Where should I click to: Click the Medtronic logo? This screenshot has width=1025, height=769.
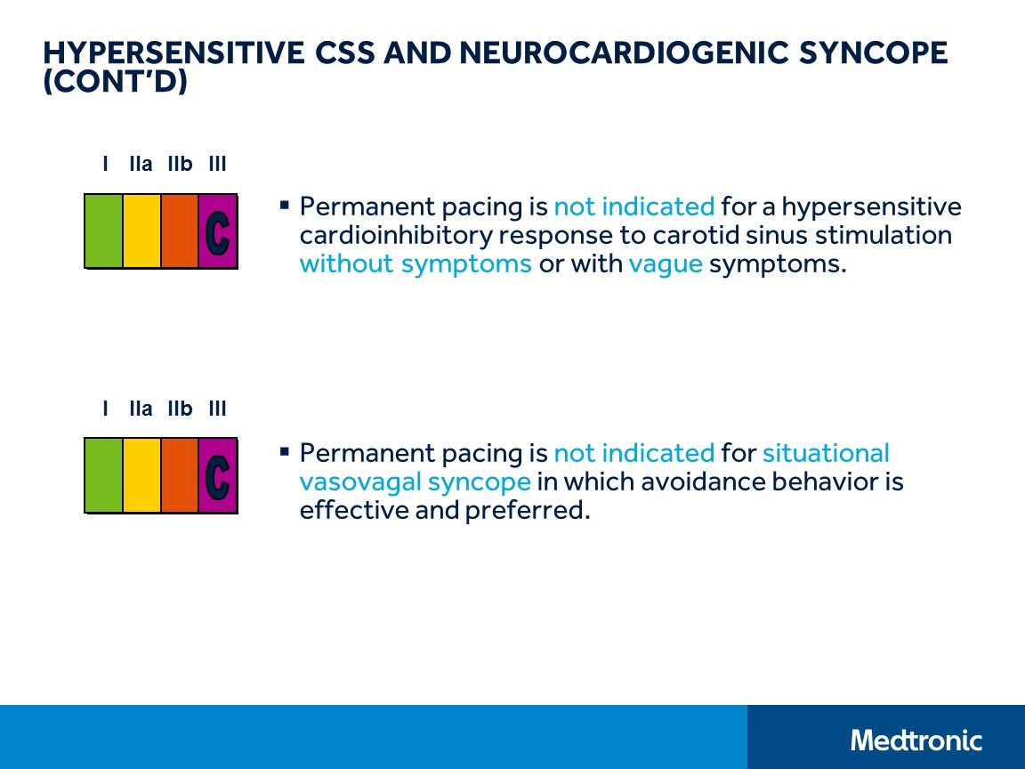(916, 740)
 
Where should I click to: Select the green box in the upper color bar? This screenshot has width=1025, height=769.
(103, 231)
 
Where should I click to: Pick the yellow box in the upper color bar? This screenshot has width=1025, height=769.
(141, 231)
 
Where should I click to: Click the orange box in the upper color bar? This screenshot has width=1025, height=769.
(180, 231)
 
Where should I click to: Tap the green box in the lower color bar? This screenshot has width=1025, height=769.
(103, 475)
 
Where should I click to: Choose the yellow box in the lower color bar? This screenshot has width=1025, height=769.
(141, 475)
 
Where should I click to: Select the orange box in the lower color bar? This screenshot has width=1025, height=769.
(180, 475)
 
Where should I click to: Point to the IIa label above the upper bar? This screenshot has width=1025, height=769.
(141, 164)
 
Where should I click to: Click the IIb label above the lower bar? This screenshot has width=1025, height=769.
(180, 409)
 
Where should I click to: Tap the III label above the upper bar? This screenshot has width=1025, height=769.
(217, 164)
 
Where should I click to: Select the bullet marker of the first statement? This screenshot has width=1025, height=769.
(285, 206)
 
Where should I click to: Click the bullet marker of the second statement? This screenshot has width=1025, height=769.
(285, 451)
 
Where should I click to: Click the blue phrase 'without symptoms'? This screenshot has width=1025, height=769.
(416, 264)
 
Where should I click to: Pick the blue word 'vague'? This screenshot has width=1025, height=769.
(666, 264)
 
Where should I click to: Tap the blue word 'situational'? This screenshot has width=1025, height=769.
(826, 453)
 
